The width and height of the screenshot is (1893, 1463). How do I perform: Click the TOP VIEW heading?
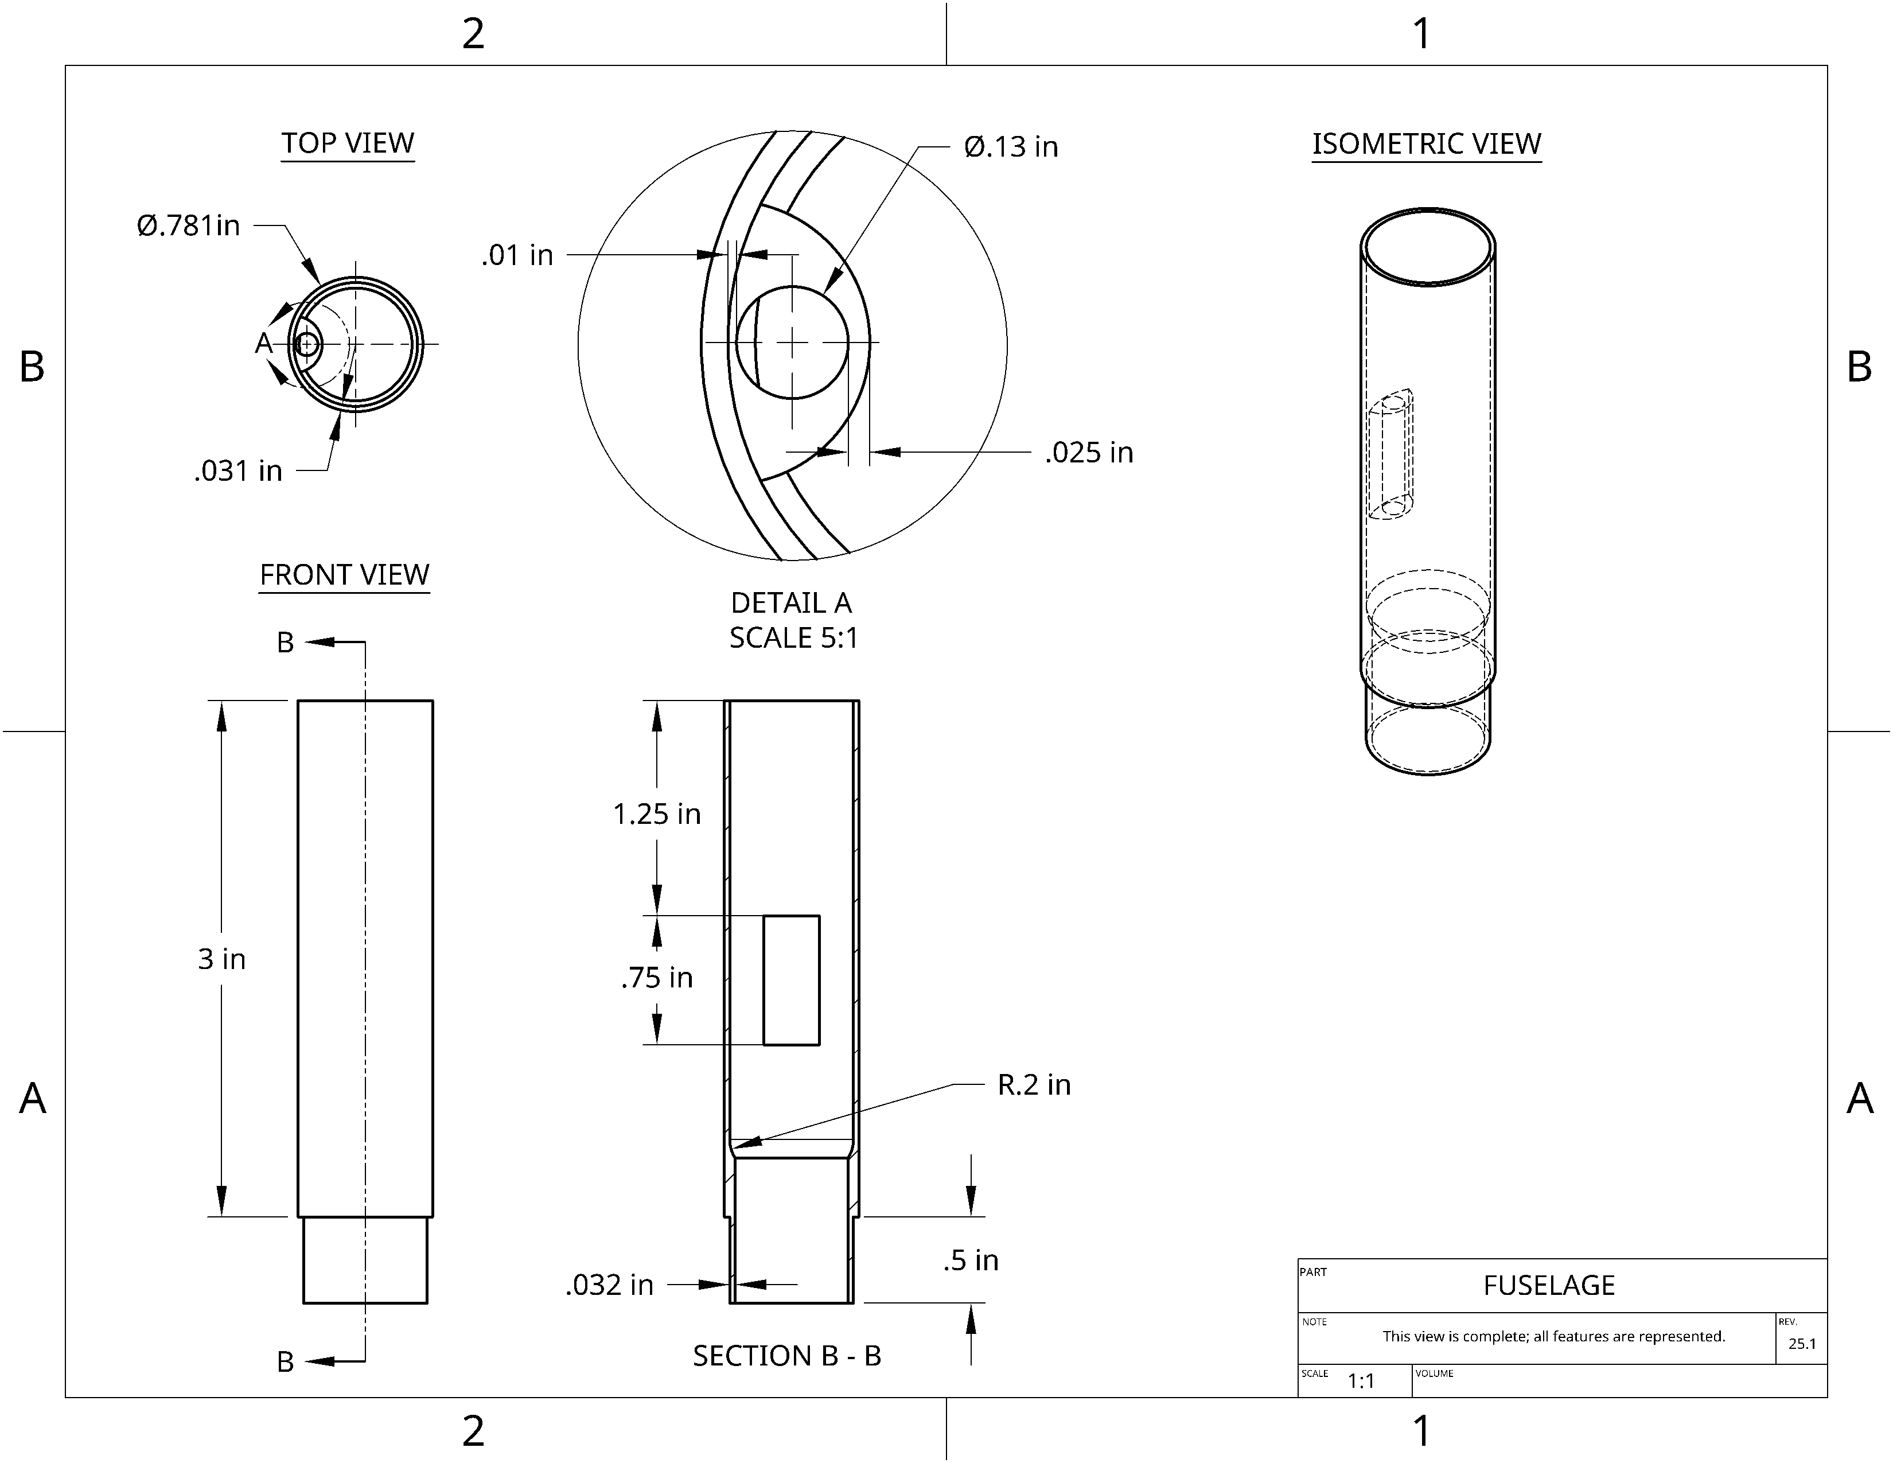[x=348, y=143]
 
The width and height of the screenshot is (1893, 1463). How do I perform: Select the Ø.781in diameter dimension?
[x=188, y=225]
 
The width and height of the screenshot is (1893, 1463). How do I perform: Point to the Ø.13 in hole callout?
[x=1011, y=146]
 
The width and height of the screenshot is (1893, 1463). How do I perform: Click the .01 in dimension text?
[x=517, y=255]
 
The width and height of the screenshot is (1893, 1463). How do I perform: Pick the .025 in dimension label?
[x=1089, y=453]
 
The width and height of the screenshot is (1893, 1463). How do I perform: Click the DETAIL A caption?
[x=790, y=602]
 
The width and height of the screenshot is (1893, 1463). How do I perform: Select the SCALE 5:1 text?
[x=793, y=638]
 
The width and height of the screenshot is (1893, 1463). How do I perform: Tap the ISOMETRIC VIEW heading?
[x=1427, y=144]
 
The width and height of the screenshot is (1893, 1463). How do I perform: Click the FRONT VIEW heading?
[x=344, y=575]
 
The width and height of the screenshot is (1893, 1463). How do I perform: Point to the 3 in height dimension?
[x=222, y=959]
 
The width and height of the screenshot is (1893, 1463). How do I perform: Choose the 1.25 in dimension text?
[x=657, y=814]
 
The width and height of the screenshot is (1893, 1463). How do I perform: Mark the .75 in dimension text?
[x=657, y=978]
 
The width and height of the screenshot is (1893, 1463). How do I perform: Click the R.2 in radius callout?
[x=1034, y=1084]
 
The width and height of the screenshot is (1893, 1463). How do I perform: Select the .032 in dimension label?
[x=609, y=1285]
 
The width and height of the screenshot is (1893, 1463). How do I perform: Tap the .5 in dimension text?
[x=971, y=1260]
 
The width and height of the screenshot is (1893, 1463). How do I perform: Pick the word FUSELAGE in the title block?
[x=1549, y=1285]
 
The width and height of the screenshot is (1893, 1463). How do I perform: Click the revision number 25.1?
[x=1802, y=1344]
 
